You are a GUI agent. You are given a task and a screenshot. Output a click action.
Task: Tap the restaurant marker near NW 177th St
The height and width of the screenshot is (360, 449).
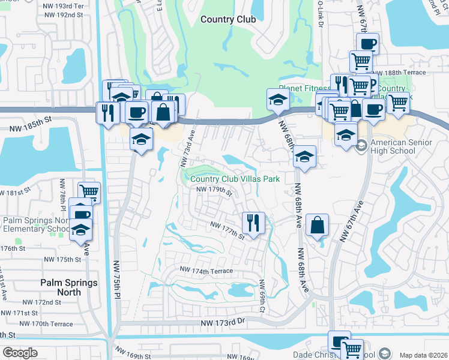253,223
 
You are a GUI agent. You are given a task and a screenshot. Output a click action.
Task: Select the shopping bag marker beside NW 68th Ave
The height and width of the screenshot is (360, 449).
317,226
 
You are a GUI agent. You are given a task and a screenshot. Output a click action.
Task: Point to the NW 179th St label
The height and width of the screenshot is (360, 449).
214,191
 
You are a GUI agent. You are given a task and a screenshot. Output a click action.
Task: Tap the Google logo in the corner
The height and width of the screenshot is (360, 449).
20,353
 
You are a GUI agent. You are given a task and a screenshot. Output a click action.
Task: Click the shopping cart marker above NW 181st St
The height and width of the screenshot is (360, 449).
89,192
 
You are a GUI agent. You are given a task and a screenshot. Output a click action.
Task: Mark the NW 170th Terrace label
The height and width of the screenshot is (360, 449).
46,324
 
